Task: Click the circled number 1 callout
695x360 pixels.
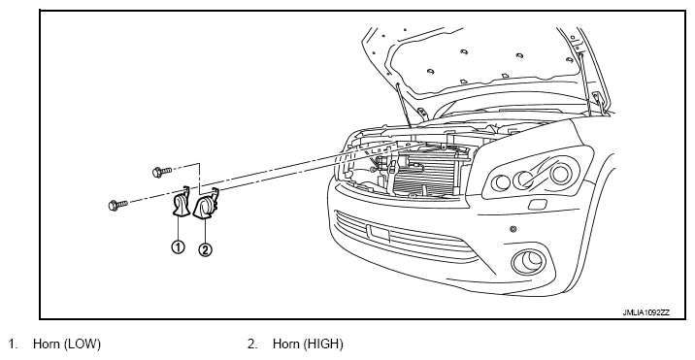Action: tap(178, 246)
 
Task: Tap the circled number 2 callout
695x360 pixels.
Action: tap(205, 249)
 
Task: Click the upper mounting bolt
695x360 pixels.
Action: tap(162, 172)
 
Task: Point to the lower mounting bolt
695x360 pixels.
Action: tap(117, 205)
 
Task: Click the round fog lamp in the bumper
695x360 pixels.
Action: tap(529, 262)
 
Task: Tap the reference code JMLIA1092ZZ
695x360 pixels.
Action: tap(645, 312)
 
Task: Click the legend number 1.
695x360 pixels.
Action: tap(14, 344)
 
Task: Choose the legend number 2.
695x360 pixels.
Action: tap(252, 344)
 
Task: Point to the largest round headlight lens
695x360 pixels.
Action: tap(559, 174)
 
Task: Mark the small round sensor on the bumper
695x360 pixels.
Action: tap(513, 229)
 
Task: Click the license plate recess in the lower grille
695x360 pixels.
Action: tap(378, 232)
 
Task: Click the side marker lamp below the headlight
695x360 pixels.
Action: tap(537, 205)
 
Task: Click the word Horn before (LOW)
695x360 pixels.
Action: tap(47, 344)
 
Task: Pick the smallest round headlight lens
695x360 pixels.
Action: tap(502, 181)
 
